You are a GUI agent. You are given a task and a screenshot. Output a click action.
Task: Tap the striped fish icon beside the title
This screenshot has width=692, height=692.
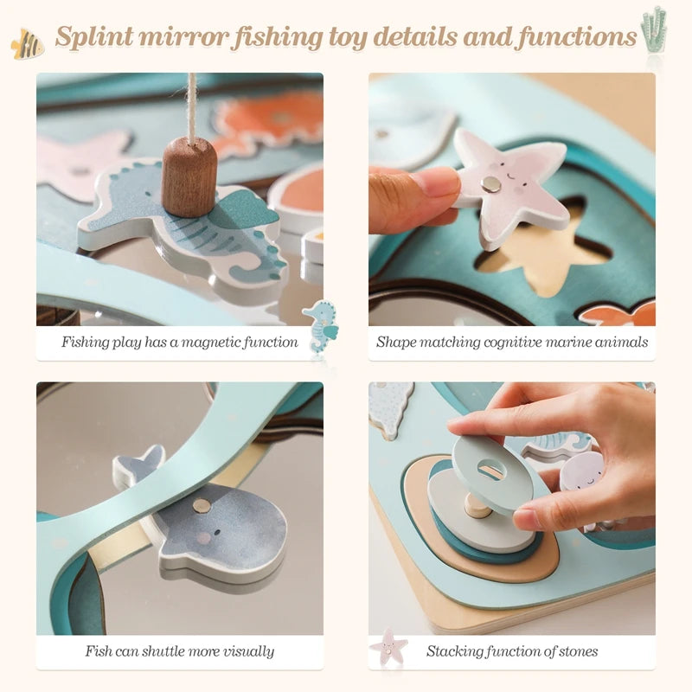(28, 43)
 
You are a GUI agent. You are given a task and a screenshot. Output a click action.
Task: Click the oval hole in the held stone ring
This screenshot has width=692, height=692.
(490, 470)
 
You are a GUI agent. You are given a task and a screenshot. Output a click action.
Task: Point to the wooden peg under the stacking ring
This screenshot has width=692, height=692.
(477, 506)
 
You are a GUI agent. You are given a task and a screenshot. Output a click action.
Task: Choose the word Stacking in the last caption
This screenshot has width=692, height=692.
(454, 651)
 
